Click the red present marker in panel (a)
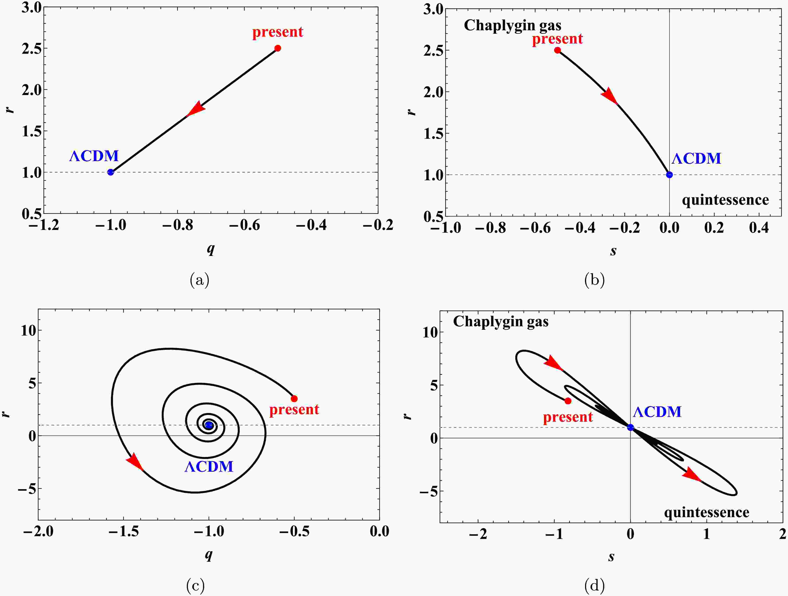tap(278, 48)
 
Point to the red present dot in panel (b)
tap(558, 50)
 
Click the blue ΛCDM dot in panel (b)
tap(669, 174)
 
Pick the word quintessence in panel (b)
tap(725, 200)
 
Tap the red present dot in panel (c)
tap(294, 399)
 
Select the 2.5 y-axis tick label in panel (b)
tap(434, 50)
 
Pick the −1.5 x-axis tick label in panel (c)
tap(123, 532)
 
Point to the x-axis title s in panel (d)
tap(611, 556)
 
